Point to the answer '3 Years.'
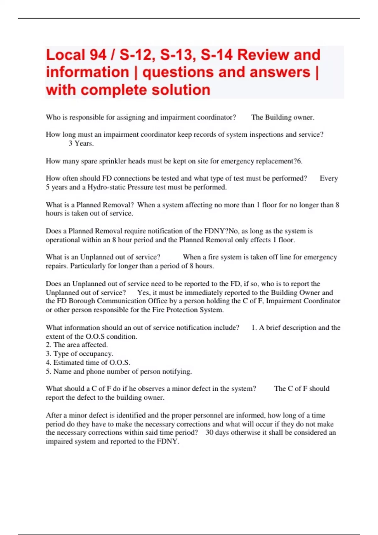pos(81,144)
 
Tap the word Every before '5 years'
pos(329,178)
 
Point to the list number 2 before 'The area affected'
pos(48,345)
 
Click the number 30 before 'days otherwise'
pos(209,432)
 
